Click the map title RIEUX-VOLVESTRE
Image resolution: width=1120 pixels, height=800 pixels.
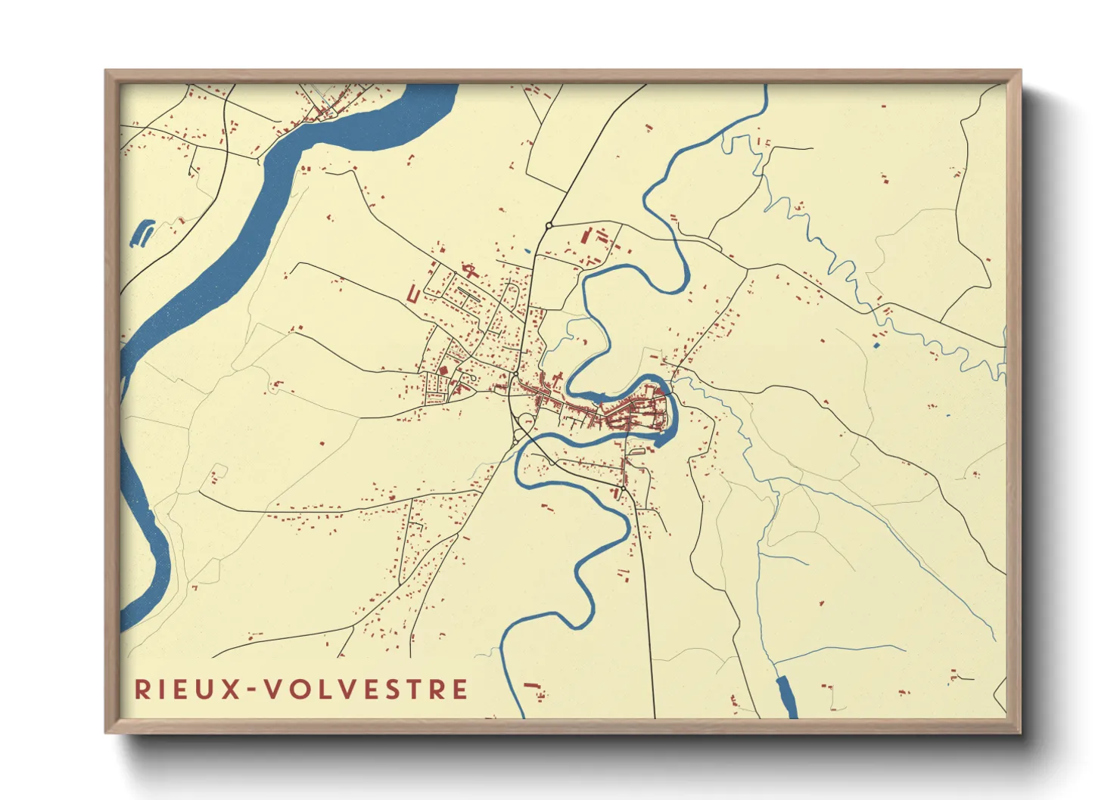point(301,689)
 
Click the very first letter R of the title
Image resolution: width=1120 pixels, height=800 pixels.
point(142,689)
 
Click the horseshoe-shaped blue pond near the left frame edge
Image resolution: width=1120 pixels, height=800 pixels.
point(142,234)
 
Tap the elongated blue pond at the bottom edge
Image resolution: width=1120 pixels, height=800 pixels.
point(787,696)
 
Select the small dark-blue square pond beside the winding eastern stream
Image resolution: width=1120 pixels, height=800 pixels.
point(878,346)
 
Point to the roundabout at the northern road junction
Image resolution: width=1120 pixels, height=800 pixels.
point(549,225)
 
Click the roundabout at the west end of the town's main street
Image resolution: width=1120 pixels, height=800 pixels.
point(515,376)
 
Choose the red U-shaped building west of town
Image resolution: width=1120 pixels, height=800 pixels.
point(413,293)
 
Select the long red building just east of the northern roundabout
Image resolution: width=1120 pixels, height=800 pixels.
point(585,235)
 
